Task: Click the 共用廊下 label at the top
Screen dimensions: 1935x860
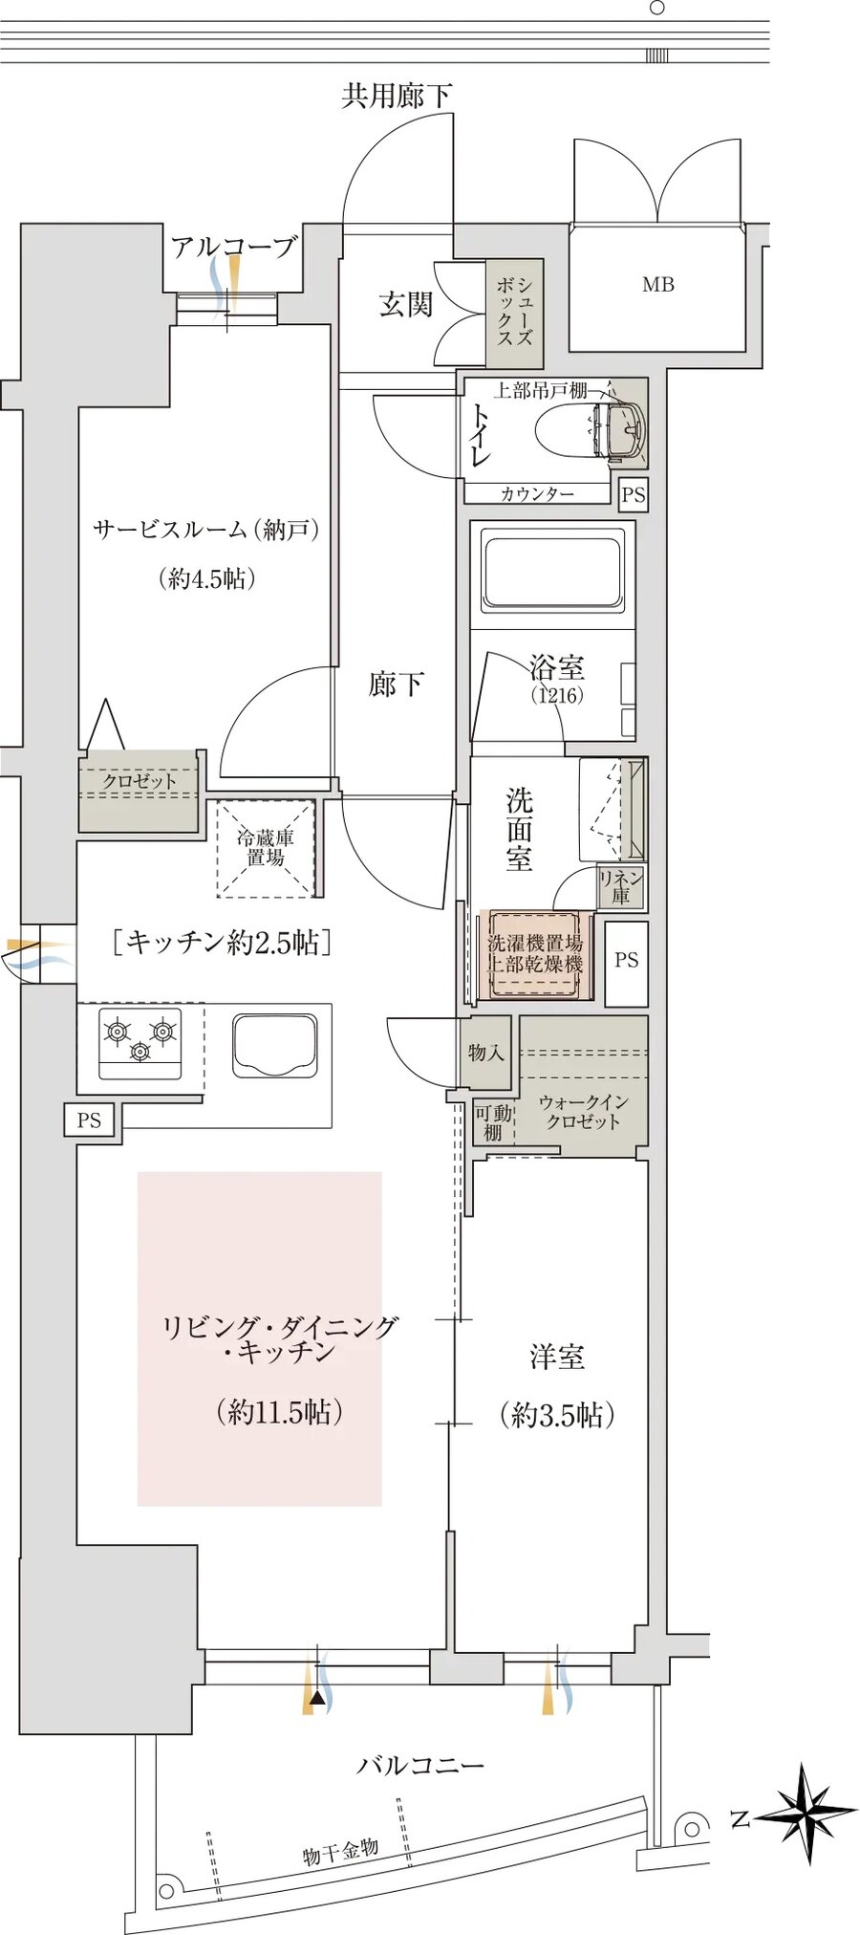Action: point(397,96)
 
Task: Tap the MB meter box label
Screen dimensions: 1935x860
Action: point(657,284)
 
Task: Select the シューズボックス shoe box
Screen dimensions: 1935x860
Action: point(514,313)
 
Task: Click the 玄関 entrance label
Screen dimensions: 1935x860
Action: point(405,305)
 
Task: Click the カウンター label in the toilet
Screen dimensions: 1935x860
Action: point(537,493)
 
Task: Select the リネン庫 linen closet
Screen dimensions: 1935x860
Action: point(620,887)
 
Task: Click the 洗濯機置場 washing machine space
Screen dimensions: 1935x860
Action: point(535,954)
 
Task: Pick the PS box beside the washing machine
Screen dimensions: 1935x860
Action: point(626,960)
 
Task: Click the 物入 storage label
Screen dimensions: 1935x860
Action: point(485,1053)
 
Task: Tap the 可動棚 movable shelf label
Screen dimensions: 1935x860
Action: point(493,1122)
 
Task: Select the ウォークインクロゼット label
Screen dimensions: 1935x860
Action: point(583,1112)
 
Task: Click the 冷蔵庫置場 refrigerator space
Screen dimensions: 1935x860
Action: point(265,848)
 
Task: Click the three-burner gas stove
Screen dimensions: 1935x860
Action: point(140,1041)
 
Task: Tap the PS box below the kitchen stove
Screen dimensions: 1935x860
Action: point(89,1120)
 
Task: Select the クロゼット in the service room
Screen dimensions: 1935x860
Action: point(140,782)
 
